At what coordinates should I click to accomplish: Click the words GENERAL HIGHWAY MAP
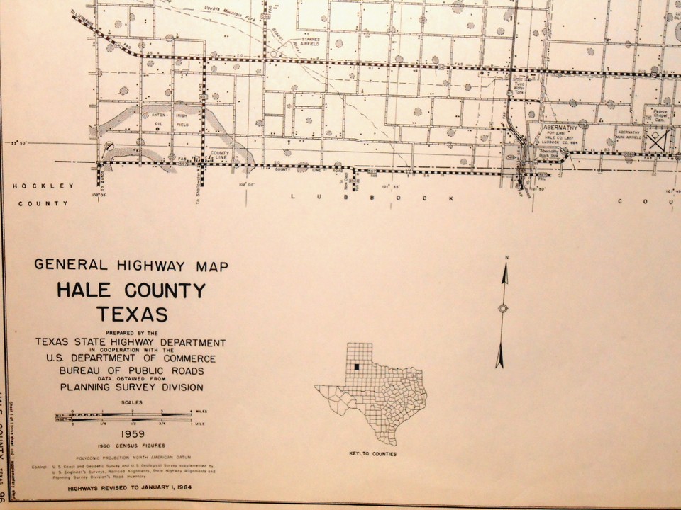coord(131,267)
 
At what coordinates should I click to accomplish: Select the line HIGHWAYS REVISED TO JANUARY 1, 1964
coord(121,488)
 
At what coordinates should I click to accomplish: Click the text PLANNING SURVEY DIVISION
coord(131,387)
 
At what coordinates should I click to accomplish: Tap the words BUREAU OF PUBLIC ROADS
coord(132,370)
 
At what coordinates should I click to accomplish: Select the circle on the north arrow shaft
coord(504,308)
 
